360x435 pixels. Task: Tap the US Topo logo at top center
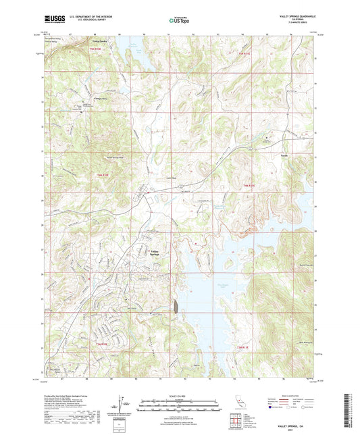178,21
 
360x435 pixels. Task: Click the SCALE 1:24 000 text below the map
179,394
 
